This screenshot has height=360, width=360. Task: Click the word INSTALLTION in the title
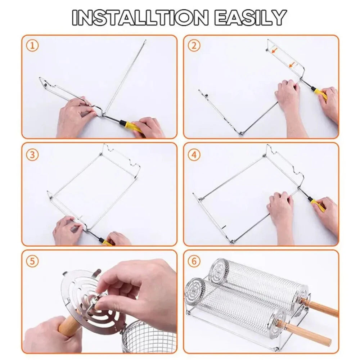(140, 17)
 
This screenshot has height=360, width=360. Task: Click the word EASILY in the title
(250, 17)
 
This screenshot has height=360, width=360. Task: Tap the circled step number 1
(32, 46)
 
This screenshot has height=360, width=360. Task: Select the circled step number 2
(194, 46)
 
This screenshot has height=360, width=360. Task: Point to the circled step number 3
(32, 154)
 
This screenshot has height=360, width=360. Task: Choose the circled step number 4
(194, 155)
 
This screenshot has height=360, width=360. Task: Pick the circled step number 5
(32, 261)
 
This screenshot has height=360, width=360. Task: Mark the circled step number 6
(194, 261)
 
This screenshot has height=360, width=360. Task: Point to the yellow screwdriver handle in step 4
(318, 204)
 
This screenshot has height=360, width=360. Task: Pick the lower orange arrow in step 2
(292, 66)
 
